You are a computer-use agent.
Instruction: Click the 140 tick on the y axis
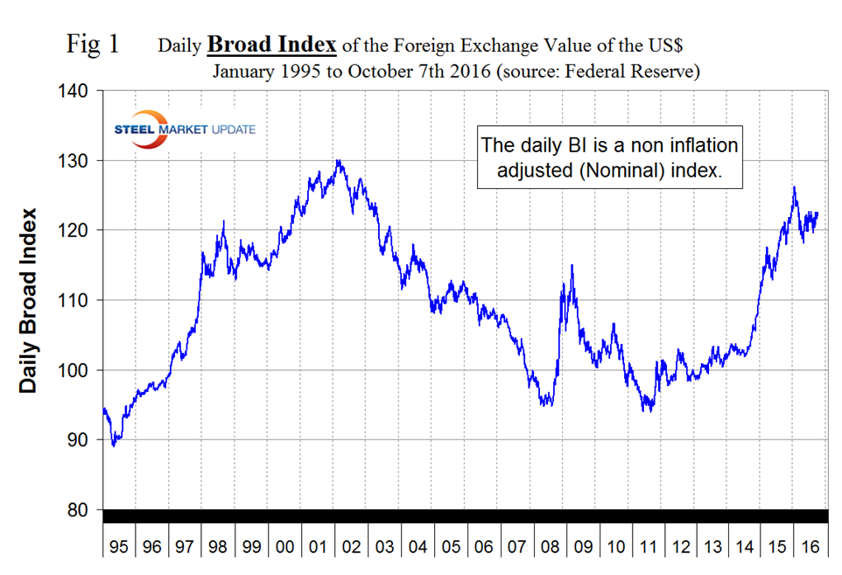coord(75,91)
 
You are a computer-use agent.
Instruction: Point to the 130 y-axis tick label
coord(75,161)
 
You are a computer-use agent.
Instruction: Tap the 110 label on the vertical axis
coord(75,300)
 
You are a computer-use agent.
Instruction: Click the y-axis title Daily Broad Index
coord(29,300)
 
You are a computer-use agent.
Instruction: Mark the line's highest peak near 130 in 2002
coord(339,160)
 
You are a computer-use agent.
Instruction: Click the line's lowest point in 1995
coord(113,446)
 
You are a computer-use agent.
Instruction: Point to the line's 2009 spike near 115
coord(572,265)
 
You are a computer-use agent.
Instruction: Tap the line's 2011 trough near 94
coord(648,410)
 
